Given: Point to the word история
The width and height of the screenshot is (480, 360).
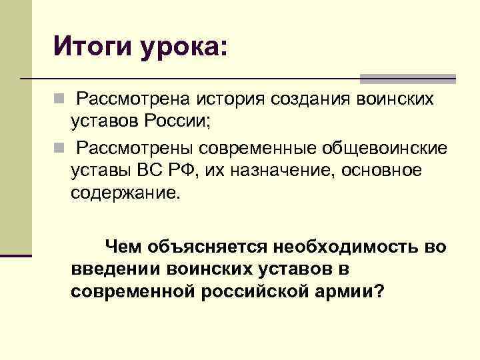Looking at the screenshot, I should point(230,100).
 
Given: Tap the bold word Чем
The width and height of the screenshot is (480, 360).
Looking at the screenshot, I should point(124,247).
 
